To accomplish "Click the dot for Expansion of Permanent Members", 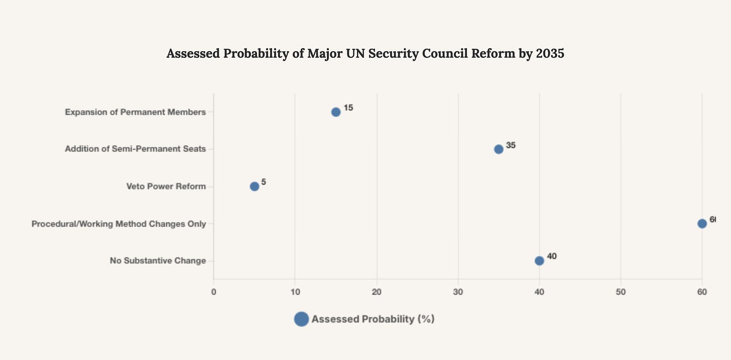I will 336,112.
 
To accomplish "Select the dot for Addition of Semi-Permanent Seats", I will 499,149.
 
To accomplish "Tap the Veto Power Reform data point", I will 255,186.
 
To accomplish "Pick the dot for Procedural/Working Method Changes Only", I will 702,223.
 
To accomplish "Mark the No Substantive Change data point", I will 539,261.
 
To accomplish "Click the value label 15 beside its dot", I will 348,108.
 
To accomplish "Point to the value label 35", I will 511,145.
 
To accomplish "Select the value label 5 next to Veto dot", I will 264,182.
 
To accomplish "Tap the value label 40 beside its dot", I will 552,257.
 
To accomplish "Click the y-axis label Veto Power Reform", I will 166,187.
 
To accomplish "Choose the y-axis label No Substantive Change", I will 158,261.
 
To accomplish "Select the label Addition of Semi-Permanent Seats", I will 136,150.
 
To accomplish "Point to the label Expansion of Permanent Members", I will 136,112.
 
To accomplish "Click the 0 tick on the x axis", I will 214,292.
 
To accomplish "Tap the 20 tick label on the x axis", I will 377,292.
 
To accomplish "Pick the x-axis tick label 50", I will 621,292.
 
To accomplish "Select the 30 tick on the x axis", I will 458,292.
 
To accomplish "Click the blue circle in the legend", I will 301,319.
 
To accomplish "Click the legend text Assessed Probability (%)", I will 373,319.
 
